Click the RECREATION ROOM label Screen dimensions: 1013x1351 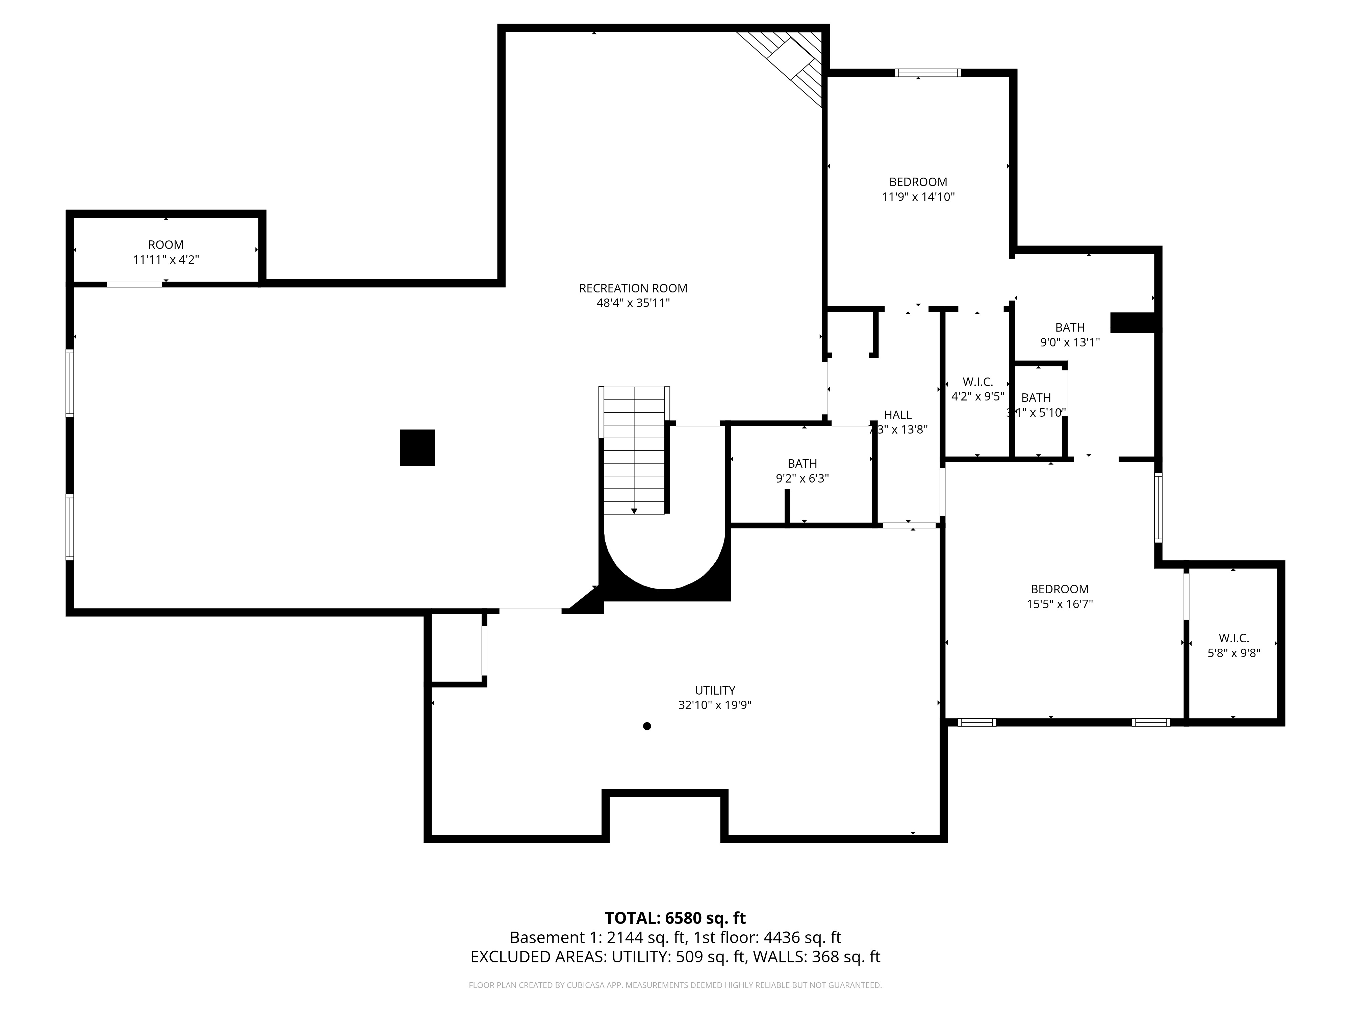(x=633, y=288)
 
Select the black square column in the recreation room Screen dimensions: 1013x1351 (x=417, y=447)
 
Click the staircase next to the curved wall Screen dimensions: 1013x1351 (x=634, y=452)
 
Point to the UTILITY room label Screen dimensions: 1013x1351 (x=715, y=690)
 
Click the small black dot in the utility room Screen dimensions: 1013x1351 (x=647, y=726)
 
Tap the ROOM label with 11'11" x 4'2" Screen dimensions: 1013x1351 (x=165, y=245)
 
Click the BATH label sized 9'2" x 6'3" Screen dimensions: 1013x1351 (x=802, y=464)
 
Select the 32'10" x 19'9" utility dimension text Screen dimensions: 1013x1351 (x=715, y=705)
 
